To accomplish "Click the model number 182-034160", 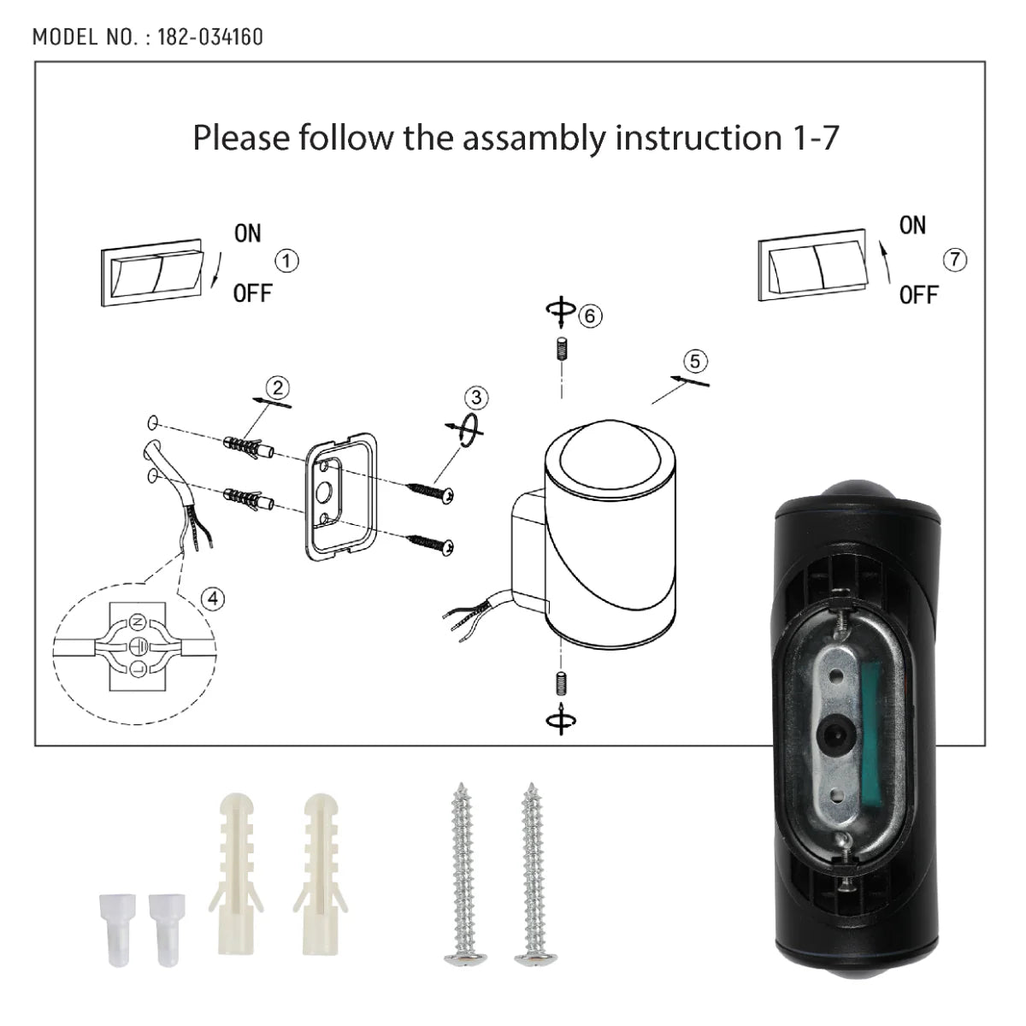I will (210, 37).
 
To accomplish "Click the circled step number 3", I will (476, 398).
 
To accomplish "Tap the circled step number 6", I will (589, 315).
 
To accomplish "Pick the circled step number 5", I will (695, 361).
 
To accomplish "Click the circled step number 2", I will (275, 386).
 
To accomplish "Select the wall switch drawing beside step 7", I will (813, 269).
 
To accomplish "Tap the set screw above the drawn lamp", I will (560, 351).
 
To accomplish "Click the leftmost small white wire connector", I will (108, 917).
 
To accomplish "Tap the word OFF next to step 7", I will (918, 296).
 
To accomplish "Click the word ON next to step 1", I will (248, 233).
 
